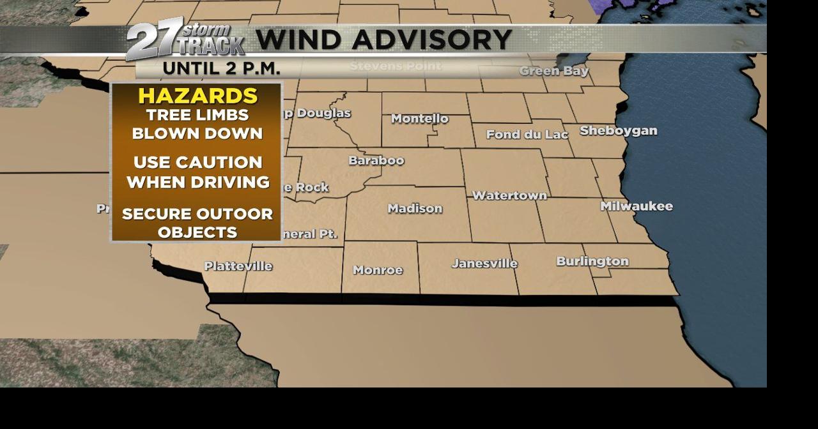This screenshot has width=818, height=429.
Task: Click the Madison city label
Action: point(415,209)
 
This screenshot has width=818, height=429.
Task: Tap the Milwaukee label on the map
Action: point(636,206)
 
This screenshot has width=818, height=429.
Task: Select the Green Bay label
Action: point(553,71)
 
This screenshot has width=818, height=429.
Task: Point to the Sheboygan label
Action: point(618,131)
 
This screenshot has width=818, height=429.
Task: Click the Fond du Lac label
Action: point(527,135)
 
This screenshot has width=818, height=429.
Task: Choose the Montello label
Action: point(419,119)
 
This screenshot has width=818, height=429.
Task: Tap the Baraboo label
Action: point(376,160)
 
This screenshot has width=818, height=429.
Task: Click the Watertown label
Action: point(509,195)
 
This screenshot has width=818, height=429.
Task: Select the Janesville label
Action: point(484,263)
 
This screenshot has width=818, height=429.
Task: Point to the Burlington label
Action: point(592,261)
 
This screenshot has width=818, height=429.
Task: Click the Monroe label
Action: point(378,270)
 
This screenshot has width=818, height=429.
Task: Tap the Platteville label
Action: point(238,266)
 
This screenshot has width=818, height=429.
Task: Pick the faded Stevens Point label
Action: point(395,66)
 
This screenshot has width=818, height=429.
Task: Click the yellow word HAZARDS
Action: point(197,96)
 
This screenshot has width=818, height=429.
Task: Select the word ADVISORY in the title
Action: point(440,40)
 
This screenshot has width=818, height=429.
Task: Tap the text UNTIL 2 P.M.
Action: point(221,68)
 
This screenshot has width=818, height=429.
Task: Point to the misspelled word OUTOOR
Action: point(238,214)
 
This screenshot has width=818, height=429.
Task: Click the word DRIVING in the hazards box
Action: point(232,183)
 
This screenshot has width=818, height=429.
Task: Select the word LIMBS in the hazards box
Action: point(224,116)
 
